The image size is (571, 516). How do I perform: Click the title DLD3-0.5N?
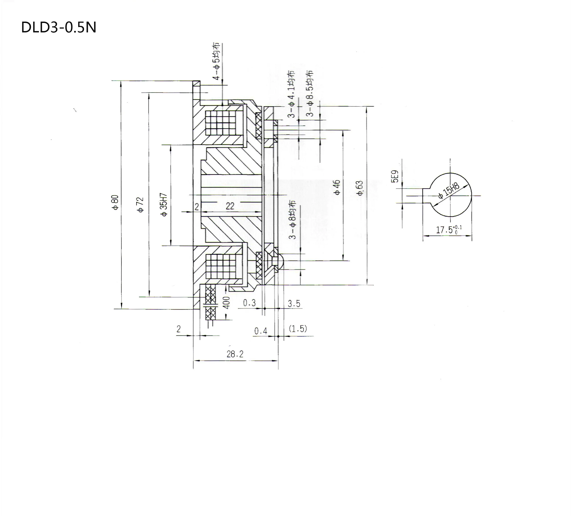59,28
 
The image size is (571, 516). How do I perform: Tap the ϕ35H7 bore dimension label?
164,205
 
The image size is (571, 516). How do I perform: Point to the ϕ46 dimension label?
337,187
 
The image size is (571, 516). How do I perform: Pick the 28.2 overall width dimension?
235,354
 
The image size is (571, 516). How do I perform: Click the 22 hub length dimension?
230,206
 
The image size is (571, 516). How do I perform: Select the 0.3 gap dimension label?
249,303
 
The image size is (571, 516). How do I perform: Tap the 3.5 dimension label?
294,304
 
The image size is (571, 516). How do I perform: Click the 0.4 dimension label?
260,331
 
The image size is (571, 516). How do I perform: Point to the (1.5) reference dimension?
298,329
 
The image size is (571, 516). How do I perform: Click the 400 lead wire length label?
227,303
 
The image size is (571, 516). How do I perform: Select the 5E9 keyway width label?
395,176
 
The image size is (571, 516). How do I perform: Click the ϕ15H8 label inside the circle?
449,191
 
